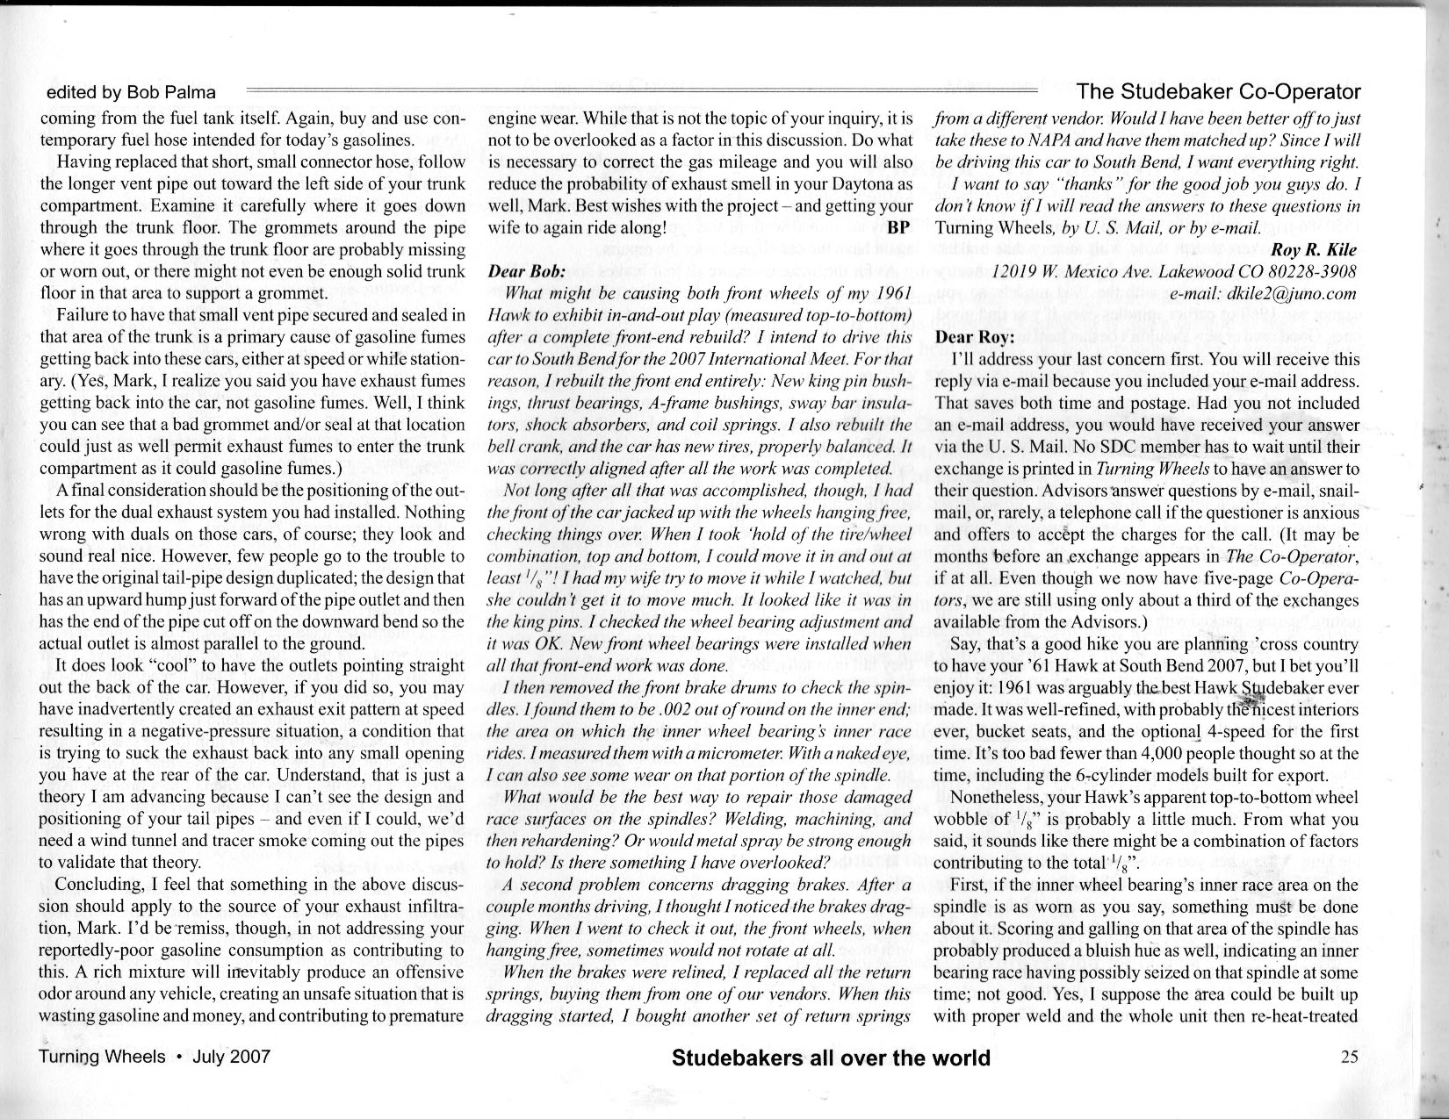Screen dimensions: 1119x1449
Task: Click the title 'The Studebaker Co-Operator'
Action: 1218,91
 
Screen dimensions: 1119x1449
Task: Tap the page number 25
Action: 1350,1057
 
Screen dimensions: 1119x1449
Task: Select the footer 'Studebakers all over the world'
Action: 830,1058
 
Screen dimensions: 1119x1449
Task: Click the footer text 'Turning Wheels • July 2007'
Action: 155,1057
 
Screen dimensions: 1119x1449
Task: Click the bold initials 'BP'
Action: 900,227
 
